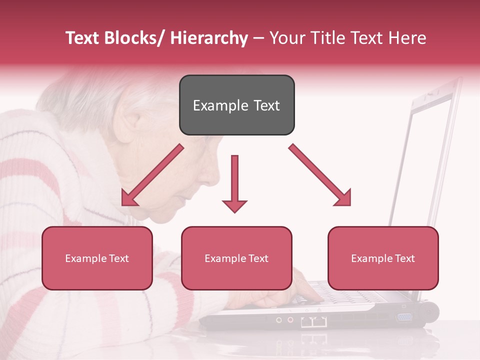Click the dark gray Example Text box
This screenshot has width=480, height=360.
coord(236,105)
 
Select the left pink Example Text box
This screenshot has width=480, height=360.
coord(97,258)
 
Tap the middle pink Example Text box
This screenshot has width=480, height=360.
coord(236,258)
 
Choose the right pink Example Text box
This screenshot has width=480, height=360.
coord(383,258)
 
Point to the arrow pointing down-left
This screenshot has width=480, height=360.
coord(152,175)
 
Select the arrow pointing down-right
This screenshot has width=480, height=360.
coord(320,175)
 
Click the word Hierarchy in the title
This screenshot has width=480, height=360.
coord(209,38)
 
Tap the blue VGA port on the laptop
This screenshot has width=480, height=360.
coord(404,317)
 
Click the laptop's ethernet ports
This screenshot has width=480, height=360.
coord(314,321)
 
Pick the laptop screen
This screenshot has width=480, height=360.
coord(425,160)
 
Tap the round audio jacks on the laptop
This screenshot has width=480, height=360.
coord(284,319)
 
